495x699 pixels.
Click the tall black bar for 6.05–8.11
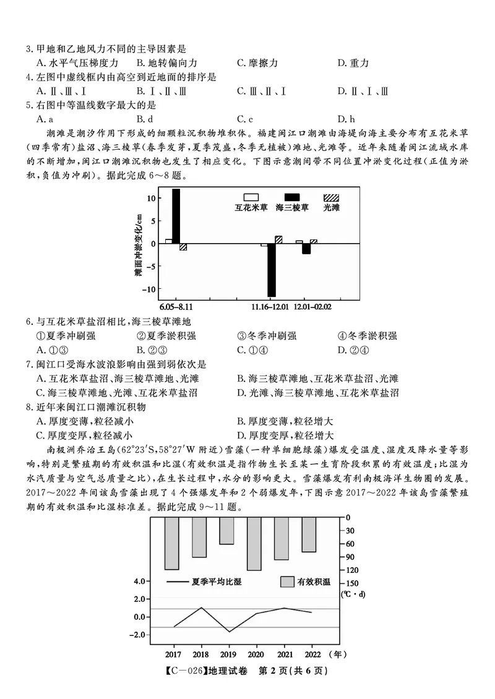[x=176, y=217]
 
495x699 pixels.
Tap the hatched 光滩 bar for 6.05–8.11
[x=183, y=247]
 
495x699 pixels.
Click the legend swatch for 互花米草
[x=251, y=197]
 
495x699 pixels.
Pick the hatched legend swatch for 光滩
[x=332, y=197]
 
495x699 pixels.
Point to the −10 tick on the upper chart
[x=148, y=289]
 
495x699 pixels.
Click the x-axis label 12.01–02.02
[x=312, y=306]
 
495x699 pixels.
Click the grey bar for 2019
[x=227, y=531]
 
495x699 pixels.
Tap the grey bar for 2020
[x=254, y=544]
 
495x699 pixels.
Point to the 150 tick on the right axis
[x=351, y=583]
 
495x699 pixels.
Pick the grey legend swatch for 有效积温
[x=286, y=582]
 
